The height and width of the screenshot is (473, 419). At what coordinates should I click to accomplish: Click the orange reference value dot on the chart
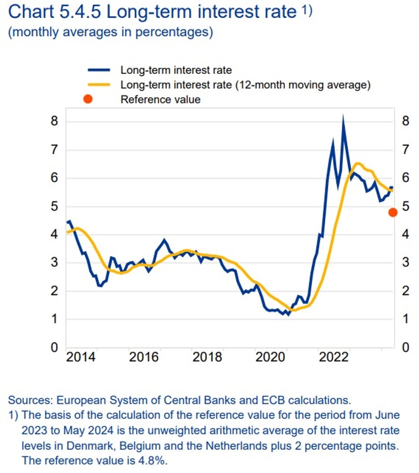pos(393,212)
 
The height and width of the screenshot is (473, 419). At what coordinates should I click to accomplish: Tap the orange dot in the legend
pos(88,99)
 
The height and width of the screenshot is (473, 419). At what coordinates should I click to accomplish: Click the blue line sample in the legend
pos(98,70)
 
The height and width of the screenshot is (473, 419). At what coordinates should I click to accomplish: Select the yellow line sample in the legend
pos(98,84)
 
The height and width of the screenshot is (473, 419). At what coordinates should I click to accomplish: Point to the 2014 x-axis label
pos(81,356)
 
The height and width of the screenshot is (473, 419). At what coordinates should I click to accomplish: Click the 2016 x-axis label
pos(144,356)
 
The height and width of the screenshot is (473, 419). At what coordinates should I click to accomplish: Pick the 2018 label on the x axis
pos(207,356)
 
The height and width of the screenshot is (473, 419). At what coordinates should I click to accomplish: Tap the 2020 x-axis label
pos(271,356)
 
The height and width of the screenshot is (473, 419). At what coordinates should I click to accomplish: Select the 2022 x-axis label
pos(334,356)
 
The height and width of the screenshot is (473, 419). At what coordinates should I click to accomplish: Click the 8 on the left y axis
pos(54,122)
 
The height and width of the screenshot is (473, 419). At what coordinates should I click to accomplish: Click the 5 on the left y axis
pos(54,206)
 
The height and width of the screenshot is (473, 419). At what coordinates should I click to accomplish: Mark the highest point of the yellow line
pos(357,163)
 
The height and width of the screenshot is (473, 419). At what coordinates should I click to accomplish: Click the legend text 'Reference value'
pos(160,99)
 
